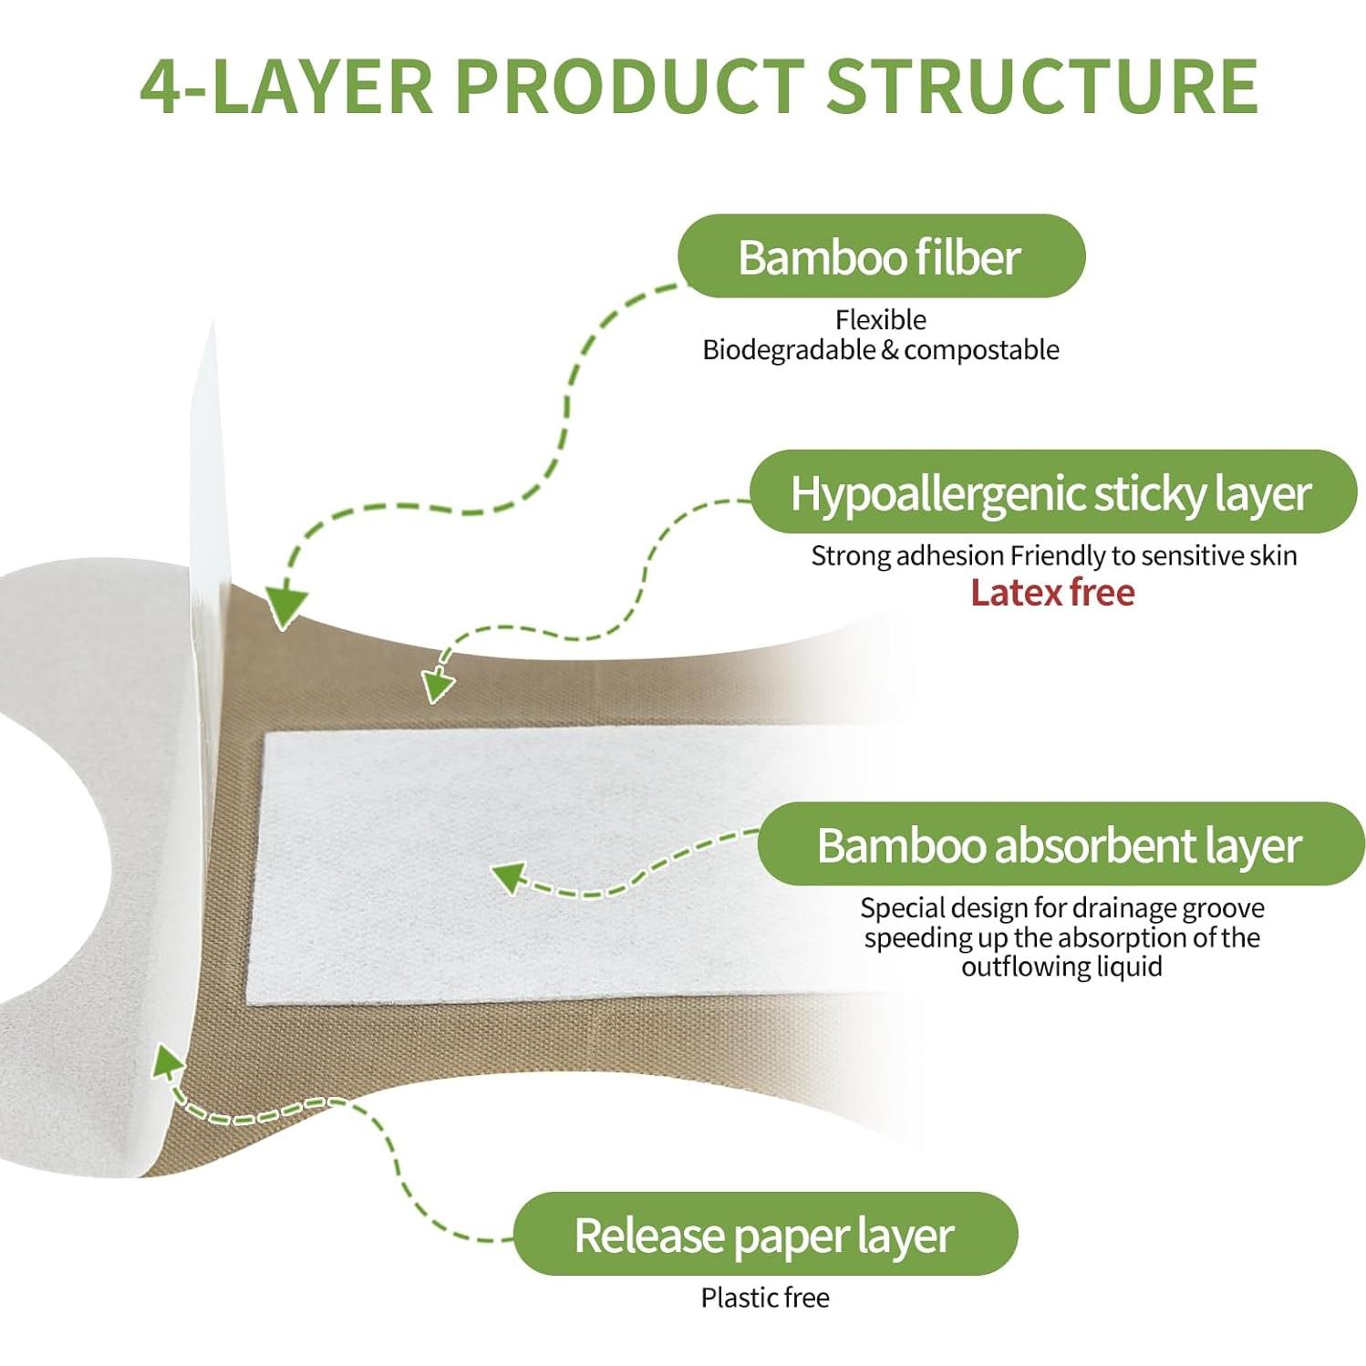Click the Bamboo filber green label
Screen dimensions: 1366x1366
[881, 256]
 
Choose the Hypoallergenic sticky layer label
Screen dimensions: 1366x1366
[1053, 492]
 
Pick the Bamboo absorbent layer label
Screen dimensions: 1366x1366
[1061, 844]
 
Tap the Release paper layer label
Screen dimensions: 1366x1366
[765, 1235]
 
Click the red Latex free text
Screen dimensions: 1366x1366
[1053, 593]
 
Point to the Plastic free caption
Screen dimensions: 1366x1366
[765, 1298]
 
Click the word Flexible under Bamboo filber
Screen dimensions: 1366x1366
[881, 320]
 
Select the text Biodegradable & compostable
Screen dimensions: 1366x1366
[881, 350]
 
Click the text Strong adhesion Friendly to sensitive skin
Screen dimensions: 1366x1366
[1054, 555]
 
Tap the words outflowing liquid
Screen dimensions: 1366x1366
[1062, 967]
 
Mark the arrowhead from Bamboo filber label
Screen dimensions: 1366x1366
[285, 605]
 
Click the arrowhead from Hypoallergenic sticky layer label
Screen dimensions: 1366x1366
[439, 683]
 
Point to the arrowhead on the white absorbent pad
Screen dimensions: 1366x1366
[509, 877]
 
